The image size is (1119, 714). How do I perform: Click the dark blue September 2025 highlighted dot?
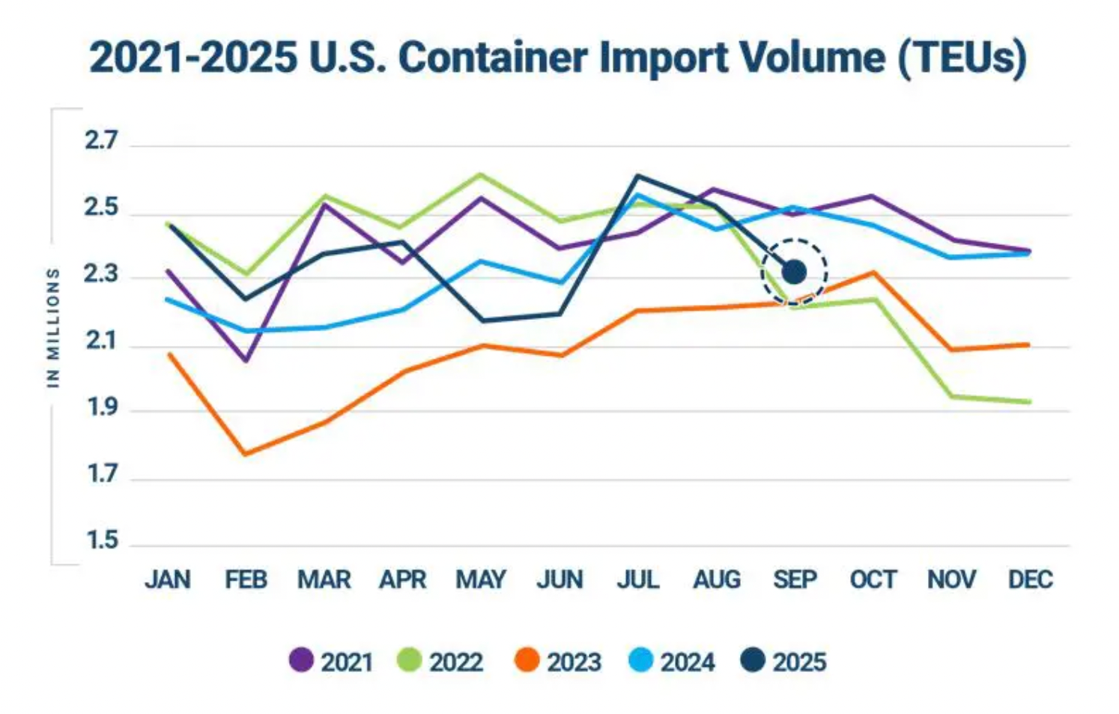[794, 272]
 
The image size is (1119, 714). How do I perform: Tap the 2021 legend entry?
[331, 662]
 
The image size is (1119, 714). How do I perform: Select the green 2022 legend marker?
[409, 661]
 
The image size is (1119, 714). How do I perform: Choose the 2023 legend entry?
[558, 662]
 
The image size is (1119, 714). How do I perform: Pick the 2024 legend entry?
[671, 662]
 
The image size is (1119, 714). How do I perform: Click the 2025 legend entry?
[783, 662]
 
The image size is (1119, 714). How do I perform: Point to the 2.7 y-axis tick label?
[101, 141]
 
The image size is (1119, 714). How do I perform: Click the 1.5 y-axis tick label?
[101, 540]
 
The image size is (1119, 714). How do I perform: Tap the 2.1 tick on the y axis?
[101, 342]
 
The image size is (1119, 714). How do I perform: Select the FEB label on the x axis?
[246, 580]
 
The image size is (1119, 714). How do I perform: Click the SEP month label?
[795, 580]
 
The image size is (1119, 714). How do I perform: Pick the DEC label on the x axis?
[1030, 580]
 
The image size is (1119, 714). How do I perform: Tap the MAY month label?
[481, 580]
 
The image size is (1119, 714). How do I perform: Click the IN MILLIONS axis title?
[53, 327]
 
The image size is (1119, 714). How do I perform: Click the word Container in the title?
[493, 58]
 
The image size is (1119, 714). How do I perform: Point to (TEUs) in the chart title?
[962, 58]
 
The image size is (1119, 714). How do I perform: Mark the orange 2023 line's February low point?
[246, 453]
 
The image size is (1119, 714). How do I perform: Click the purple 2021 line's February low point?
[246, 360]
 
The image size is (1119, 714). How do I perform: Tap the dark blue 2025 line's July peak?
[637, 176]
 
